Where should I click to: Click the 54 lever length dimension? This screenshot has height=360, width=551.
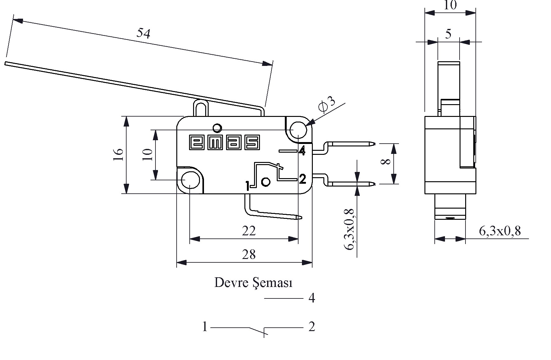143,33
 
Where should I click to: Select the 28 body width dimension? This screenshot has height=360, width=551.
249,255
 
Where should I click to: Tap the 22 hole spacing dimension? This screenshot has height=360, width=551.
249,231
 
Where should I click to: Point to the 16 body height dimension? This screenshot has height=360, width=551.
118,155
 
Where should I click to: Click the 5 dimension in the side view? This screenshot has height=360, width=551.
448,34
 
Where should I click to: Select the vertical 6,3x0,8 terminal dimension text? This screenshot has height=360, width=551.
350,229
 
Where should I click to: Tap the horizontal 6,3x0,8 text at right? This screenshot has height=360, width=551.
500,231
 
